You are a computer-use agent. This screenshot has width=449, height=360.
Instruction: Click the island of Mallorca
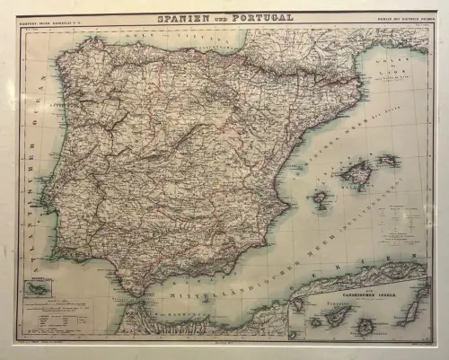click(x=356, y=174)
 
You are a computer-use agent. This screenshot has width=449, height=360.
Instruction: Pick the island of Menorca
click(x=388, y=160)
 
